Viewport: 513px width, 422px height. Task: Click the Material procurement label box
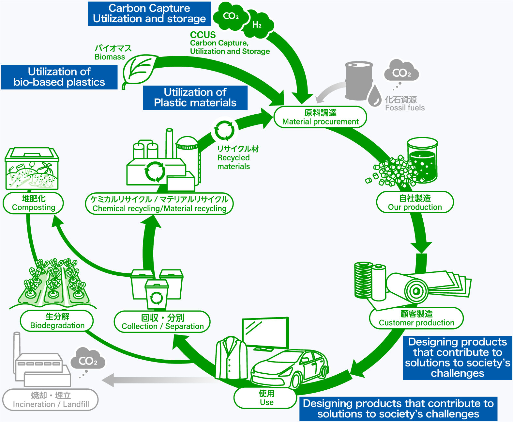(x=320, y=117)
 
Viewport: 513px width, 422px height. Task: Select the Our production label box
(x=415, y=203)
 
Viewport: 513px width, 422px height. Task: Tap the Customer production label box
(x=416, y=318)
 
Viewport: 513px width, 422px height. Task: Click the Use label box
(x=266, y=398)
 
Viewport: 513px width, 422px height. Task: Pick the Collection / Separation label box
(x=162, y=322)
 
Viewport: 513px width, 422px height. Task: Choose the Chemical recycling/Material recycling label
(x=159, y=204)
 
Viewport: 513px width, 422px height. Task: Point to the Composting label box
(x=33, y=203)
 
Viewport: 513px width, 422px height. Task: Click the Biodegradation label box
(x=57, y=321)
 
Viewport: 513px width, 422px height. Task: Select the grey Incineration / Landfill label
(x=51, y=400)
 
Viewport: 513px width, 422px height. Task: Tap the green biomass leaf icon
(x=139, y=70)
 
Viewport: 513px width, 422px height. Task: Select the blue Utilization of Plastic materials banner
(x=195, y=98)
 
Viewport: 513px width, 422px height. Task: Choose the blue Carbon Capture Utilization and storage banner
(x=149, y=14)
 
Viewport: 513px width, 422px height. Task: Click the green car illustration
(x=290, y=367)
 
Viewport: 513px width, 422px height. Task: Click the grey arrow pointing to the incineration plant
(x=157, y=380)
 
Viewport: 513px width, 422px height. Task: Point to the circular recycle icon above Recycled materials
(x=224, y=130)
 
